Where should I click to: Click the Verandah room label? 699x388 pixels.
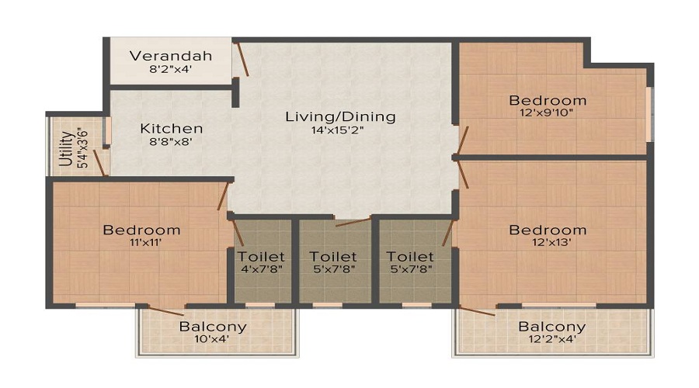[171, 56]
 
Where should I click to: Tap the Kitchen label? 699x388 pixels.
[172, 129]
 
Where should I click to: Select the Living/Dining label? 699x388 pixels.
[341, 116]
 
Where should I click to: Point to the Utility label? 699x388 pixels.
[67, 148]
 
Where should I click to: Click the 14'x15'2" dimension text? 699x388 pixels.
[338, 130]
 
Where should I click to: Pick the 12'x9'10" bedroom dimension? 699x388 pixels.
[546, 113]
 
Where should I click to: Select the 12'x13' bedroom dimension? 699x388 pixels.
[552, 242]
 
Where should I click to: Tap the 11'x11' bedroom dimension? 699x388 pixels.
[141, 242]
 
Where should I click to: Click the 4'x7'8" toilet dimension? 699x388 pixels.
[262, 269]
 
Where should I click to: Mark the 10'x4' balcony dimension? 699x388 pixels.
[212, 338]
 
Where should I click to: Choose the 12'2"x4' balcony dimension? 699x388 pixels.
[552, 338]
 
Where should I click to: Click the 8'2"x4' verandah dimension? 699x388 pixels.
[171, 69]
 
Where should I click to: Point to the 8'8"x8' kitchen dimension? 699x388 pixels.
[172, 142]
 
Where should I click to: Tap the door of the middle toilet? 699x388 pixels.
[353, 222]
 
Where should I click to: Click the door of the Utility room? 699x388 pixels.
[99, 163]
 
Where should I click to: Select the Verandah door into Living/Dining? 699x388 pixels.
[242, 59]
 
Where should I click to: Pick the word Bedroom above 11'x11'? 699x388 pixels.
[142, 230]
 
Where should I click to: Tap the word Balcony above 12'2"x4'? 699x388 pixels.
[552, 327]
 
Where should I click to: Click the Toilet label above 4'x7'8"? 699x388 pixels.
[261, 257]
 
